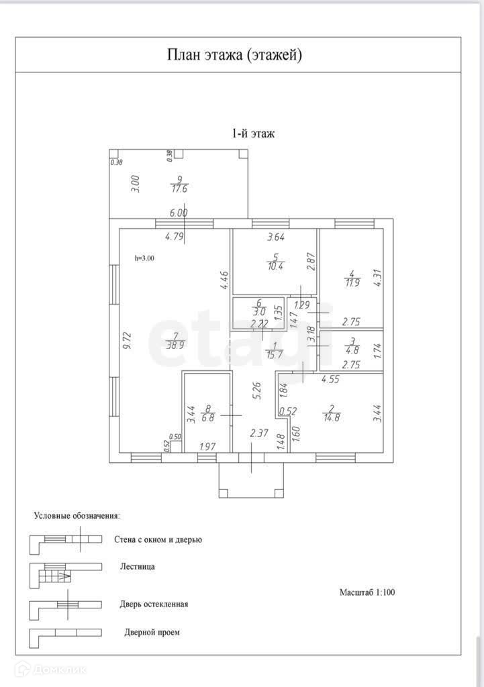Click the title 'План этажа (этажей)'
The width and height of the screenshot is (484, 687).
tap(234, 55)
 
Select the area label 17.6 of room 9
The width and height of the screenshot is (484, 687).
tap(179, 189)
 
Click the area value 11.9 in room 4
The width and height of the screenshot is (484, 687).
tap(351, 282)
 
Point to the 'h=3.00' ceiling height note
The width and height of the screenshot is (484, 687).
tap(144, 257)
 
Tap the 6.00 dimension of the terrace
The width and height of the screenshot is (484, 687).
tap(179, 213)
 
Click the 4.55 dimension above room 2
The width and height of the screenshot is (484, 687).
tap(330, 380)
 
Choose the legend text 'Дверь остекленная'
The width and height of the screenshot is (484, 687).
tap(154, 604)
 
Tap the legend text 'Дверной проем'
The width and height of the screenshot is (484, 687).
tap(152, 632)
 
